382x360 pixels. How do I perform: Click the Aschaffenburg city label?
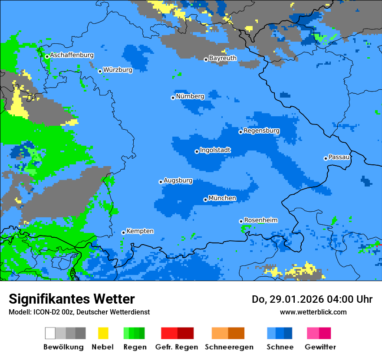point(72,55)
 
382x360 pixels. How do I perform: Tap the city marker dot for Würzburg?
point(100,71)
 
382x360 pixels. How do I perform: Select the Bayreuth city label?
point(223,58)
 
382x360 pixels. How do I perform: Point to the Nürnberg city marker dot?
point(173,98)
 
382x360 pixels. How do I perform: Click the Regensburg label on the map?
point(261,131)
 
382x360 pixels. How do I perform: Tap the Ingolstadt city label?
point(215,150)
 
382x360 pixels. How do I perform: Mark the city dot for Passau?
point(326,158)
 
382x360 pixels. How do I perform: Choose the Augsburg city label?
point(178,180)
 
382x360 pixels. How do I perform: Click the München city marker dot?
point(205,200)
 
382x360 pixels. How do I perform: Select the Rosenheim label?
point(260,220)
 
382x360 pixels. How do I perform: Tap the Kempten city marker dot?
point(123,232)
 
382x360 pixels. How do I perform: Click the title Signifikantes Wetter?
point(72,299)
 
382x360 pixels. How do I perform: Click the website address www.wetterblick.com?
point(313,312)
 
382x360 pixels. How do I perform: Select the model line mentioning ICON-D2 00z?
point(79,312)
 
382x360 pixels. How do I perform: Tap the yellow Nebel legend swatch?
point(103,333)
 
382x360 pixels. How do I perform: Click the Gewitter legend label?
point(320,347)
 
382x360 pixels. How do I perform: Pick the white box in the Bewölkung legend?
point(50,333)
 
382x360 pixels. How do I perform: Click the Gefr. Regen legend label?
point(177,347)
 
